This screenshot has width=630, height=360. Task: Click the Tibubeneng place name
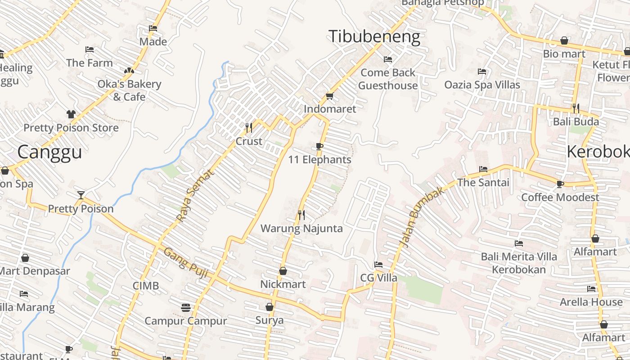point(374,37)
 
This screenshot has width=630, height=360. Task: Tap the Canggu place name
point(49,152)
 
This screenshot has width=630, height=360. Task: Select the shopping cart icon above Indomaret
point(329,96)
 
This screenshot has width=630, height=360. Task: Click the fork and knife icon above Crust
point(249,128)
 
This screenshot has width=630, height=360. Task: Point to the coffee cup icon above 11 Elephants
point(319,146)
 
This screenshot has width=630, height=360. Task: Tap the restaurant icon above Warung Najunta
point(301,215)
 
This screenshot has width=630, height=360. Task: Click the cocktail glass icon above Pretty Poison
point(81,195)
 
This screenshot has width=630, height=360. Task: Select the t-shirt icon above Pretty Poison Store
point(71,114)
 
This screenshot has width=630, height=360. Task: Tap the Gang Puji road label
point(186,262)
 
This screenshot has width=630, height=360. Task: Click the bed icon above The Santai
point(483,169)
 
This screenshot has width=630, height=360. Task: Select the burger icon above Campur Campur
point(186,308)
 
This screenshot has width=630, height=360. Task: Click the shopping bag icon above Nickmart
point(283,271)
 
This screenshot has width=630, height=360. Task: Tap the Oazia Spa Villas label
point(482,85)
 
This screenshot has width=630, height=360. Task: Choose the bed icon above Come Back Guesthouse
point(388,59)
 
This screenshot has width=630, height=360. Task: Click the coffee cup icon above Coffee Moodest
point(560,184)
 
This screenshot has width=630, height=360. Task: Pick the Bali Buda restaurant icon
point(576,108)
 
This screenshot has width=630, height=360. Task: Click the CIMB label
point(146,286)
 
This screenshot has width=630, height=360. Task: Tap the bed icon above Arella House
point(591,288)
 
